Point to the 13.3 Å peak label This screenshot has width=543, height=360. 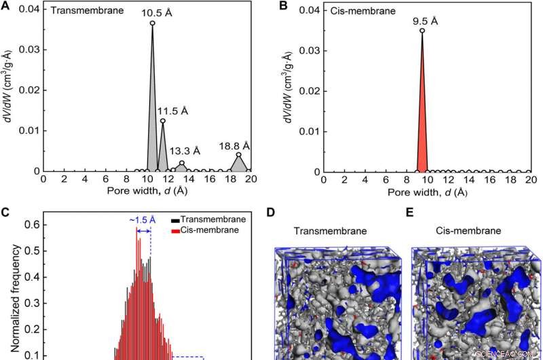point(185,151)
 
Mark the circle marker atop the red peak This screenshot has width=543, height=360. point(422,31)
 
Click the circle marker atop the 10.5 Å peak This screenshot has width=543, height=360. point(152,23)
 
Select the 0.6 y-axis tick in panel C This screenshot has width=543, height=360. point(31,223)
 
